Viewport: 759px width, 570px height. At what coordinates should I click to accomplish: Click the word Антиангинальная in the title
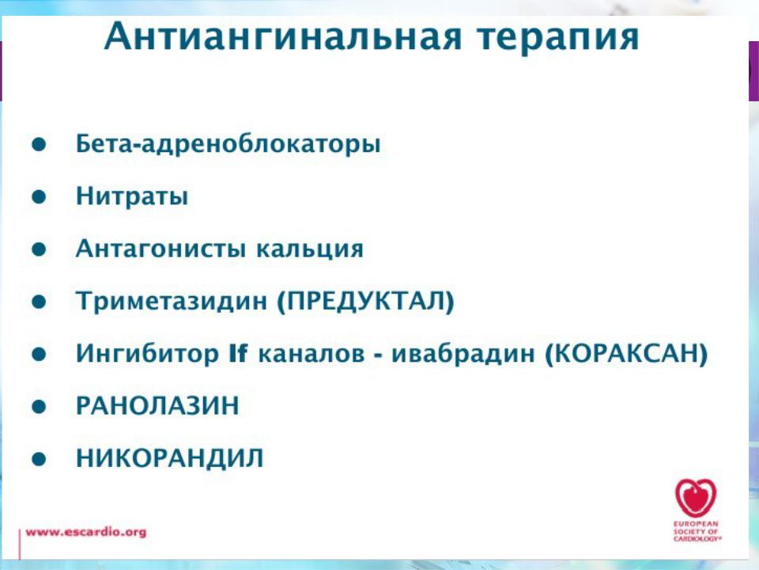(283, 36)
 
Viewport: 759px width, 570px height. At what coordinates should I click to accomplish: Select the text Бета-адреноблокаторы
(228, 144)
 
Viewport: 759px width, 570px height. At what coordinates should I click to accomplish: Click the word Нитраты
(132, 197)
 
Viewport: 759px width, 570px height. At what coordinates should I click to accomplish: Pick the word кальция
(310, 249)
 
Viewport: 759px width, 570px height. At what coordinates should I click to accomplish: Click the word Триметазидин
(172, 301)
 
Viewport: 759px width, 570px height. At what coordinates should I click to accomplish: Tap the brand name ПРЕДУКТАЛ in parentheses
(366, 302)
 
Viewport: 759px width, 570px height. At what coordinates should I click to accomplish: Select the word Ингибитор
(147, 353)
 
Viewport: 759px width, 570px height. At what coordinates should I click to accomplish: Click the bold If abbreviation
(238, 353)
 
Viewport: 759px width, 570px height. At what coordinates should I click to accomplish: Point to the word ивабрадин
(463, 354)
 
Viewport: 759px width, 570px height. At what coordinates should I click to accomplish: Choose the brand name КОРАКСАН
(626, 354)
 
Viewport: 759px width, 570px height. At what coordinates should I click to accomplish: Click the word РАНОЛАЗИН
(158, 405)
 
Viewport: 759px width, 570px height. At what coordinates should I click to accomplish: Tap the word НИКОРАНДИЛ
(170, 458)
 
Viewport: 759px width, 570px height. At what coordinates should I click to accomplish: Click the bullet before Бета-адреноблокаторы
(39, 144)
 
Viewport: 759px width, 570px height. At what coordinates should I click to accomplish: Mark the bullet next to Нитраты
(39, 197)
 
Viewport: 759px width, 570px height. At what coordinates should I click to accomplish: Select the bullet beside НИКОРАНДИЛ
(39, 458)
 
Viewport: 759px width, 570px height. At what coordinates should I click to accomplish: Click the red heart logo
(696, 498)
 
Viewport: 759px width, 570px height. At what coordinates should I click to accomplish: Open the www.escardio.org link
(85, 532)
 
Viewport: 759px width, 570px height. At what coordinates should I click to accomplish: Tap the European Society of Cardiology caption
(697, 532)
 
